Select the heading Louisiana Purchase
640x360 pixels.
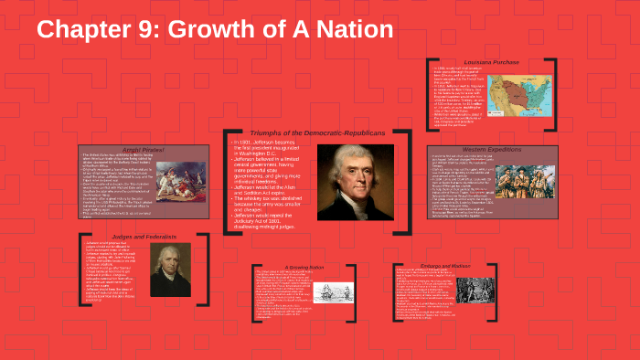pyautogui.click(x=491, y=62)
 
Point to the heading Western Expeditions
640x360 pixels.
pyautogui.click(x=490, y=149)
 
